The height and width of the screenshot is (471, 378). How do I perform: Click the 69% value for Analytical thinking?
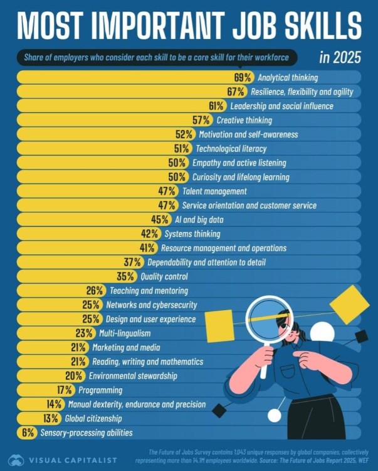(243, 78)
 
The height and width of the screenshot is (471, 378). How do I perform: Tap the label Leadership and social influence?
(281, 106)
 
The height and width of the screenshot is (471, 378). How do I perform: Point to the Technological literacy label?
(231, 149)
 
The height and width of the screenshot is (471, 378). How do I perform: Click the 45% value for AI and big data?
(160, 220)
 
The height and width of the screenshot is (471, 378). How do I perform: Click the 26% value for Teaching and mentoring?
(95, 291)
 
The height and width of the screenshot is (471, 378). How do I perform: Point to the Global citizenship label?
(93, 418)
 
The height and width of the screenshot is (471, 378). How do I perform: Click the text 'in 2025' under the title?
(340, 58)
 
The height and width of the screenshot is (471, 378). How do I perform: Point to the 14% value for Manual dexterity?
(55, 404)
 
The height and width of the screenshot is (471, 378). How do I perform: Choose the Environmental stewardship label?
(133, 376)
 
